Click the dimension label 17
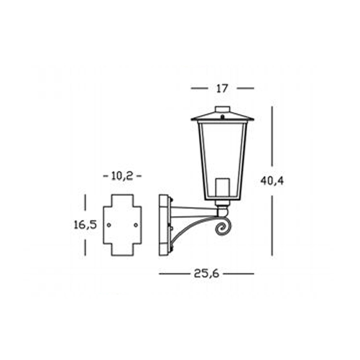pyautogui.click(x=222, y=88)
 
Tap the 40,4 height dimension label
pyautogui.click(x=272, y=181)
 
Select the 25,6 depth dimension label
pyautogui.click(x=206, y=274)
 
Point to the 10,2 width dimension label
pyautogui.click(x=122, y=176)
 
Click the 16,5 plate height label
pyautogui.click(x=85, y=225)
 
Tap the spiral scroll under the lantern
pyautogui.click(x=223, y=226)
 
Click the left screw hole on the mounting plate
pyautogui.click(x=109, y=225)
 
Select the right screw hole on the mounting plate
pyautogui.click(x=136, y=225)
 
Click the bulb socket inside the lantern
pyautogui.click(x=222, y=189)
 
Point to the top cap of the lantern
pyautogui.click(x=223, y=109)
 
